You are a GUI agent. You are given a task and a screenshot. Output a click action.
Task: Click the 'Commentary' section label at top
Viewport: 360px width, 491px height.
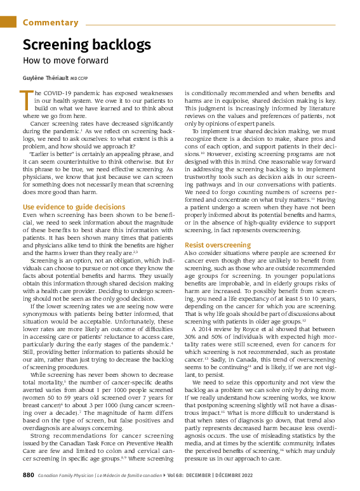tap(50, 23)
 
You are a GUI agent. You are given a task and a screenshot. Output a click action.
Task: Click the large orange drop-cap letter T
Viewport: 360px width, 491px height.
tap(26, 100)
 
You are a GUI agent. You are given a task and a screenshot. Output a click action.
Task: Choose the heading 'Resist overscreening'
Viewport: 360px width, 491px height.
tap(227, 245)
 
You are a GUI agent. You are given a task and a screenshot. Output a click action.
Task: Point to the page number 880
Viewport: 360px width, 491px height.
tap(28, 475)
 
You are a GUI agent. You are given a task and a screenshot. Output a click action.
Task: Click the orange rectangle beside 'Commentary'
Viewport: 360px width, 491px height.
tap(8, 22)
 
